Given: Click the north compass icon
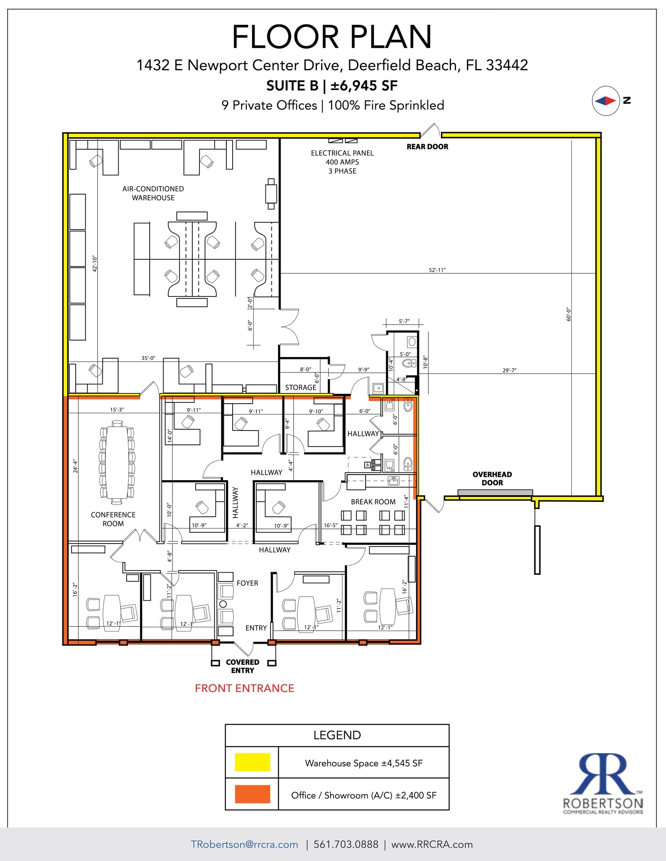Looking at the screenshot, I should tap(606, 101).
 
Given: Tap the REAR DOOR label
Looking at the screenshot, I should tap(427, 147).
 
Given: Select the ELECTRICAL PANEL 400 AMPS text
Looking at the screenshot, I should tap(342, 162).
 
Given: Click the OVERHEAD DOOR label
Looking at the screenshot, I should tap(492, 478).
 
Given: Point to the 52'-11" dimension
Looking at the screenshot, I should tap(437, 270).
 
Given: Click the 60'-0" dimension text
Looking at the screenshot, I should tap(569, 314).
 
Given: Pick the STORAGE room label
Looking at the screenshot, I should tap(300, 388).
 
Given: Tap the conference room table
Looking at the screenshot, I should tap(117, 462).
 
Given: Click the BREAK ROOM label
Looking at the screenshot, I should tap(373, 502).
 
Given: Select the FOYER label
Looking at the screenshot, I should tap(247, 583).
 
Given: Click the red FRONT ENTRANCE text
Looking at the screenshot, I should tap(244, 688).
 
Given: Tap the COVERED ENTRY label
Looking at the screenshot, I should tap(242, 666).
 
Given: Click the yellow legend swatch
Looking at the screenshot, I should tap(252, 762).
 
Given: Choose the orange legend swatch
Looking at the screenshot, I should tap(252, 794).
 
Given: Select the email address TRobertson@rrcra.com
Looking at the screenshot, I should tap(244, 845).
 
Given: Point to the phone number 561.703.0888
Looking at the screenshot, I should tap(346, 845).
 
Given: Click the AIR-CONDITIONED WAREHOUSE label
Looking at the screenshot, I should tap(153, 193).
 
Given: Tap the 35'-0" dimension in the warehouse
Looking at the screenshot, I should tap(148, 358).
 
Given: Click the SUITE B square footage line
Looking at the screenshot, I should tap(332, 86).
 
